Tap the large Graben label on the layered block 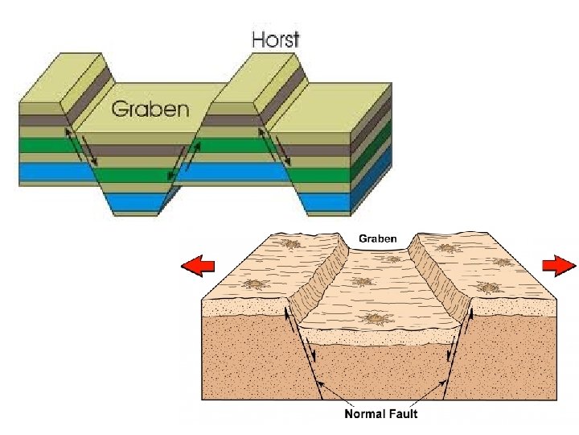pos(150,109)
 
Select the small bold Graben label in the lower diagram pos(376,239)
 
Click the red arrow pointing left pos(197,267)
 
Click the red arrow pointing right pos(558,264)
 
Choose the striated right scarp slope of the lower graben pos(438,278)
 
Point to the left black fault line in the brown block pos(299,354)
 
